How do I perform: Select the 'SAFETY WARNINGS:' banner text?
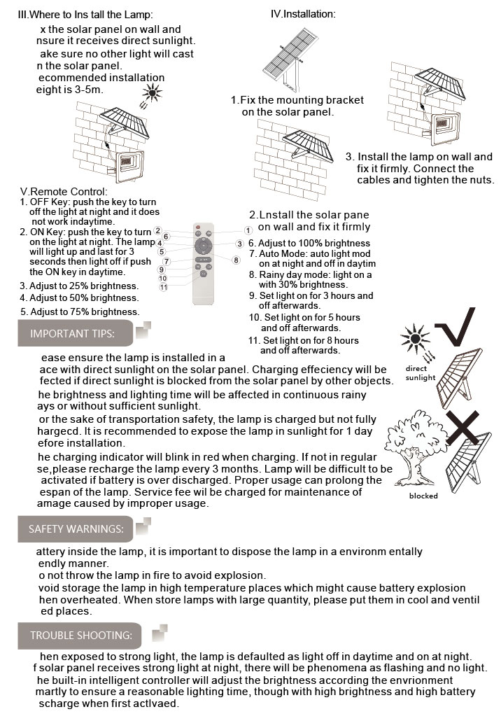tap(76, 529)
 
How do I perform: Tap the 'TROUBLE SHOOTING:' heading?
tap(81, 636)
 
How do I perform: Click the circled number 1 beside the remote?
tap(248, 230)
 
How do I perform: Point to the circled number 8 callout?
tap(237, 260)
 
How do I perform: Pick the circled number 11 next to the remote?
tap(163, 287)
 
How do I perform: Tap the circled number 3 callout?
tap(239, 244)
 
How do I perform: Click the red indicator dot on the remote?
tap(198, 229)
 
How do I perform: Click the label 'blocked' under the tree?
tap(423, 496)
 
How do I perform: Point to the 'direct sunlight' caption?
tap(420, 373)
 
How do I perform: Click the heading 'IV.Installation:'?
tap(302, 14)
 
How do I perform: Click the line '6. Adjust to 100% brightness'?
tap(309, 244)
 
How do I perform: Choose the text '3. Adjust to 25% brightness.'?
tap(79, 286)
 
